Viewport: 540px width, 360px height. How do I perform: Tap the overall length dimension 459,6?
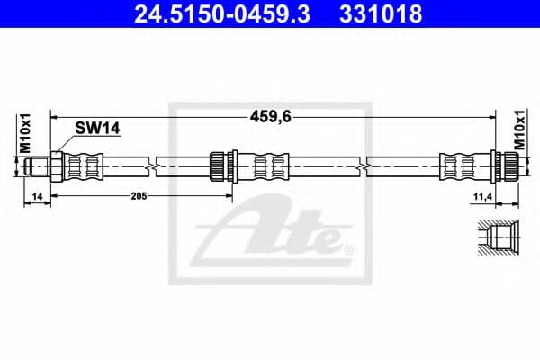click(270, 115)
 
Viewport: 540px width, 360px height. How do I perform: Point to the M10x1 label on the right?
click(518, 132)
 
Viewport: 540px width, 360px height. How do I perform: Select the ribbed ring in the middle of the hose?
click(217, 166)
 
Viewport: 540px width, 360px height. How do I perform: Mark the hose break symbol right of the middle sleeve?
click(362, 166)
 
